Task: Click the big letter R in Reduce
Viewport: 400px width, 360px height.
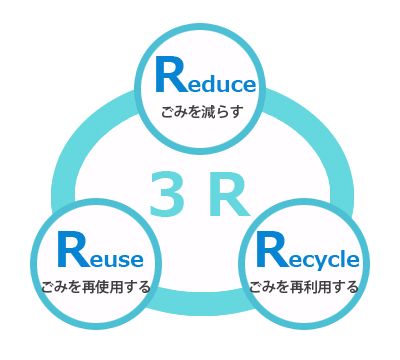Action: click(x=170, y=76)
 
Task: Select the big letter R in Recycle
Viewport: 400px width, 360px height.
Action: click(x=270, y=250)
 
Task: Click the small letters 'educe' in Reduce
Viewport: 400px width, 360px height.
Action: click(x=222, y=84)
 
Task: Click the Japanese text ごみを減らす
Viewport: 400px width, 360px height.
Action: click(x=201, y=111)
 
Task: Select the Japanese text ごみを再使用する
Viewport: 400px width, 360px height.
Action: click(x=96, y=287)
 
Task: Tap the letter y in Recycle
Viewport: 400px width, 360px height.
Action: click(x=318, y=262)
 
